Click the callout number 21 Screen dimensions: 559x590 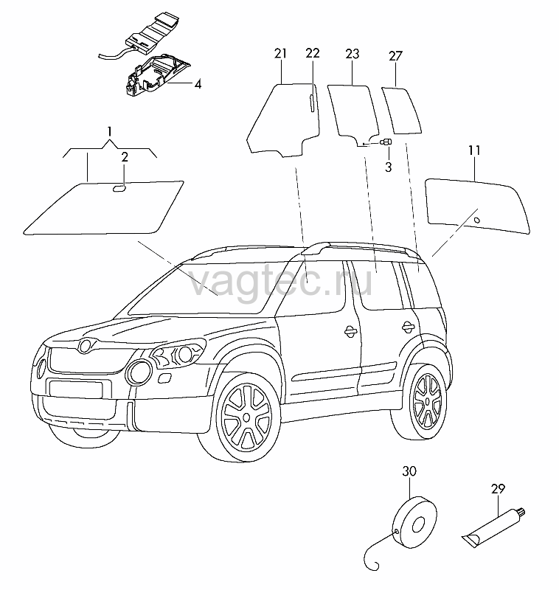280,53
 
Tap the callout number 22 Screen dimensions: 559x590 313,53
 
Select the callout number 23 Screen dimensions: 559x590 352,54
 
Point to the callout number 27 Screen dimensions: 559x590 395,56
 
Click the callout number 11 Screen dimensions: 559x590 474,150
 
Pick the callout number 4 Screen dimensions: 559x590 198,84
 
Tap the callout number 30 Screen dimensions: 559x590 409,471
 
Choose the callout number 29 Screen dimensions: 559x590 498,489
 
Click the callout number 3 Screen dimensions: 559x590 388,167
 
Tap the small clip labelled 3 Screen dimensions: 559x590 386,142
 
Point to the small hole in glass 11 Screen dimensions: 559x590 476,220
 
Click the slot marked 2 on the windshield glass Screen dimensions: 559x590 120,188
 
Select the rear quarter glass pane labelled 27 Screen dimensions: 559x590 401,110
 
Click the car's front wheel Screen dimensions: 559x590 246,417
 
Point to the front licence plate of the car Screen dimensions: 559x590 75,389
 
